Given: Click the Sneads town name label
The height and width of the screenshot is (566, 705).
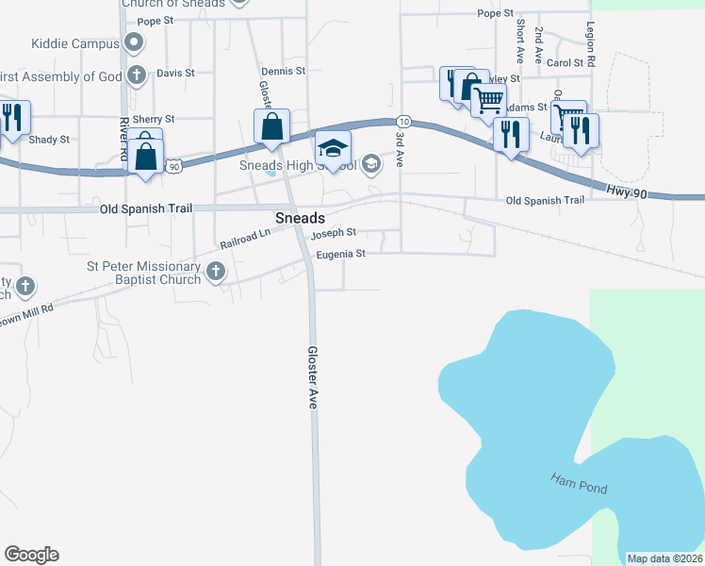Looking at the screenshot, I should (x=300, y=218).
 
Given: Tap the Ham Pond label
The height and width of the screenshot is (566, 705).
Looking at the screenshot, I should (x=579, y=484).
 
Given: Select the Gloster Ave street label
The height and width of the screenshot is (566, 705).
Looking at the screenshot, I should (x=311, y=376).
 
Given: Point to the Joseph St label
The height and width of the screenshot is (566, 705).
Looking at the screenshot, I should (x=334, y=232).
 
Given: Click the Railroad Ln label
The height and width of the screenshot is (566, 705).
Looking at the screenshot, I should (x=245, y=237).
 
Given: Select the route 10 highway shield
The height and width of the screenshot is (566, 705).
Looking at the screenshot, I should (x=402, y=122).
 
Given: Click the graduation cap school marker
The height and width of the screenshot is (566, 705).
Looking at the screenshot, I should (x=333, y=148).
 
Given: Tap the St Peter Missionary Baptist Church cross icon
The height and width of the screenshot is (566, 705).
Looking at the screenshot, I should (x=215, y=273).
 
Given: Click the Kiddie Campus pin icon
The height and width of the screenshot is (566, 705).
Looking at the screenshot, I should (x=134, y=42).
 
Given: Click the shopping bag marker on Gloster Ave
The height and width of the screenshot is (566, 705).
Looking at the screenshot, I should (x=271, y=125).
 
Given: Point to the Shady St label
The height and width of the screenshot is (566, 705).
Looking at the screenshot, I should (x=49, y=140).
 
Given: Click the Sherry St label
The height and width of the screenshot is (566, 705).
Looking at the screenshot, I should (x=154, y=120).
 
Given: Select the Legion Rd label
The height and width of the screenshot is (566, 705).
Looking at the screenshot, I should (x=591, y=43).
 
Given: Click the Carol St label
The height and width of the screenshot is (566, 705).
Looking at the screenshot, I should (x=566, y=63).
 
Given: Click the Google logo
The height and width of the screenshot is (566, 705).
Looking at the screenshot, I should (x=31, y=555).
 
